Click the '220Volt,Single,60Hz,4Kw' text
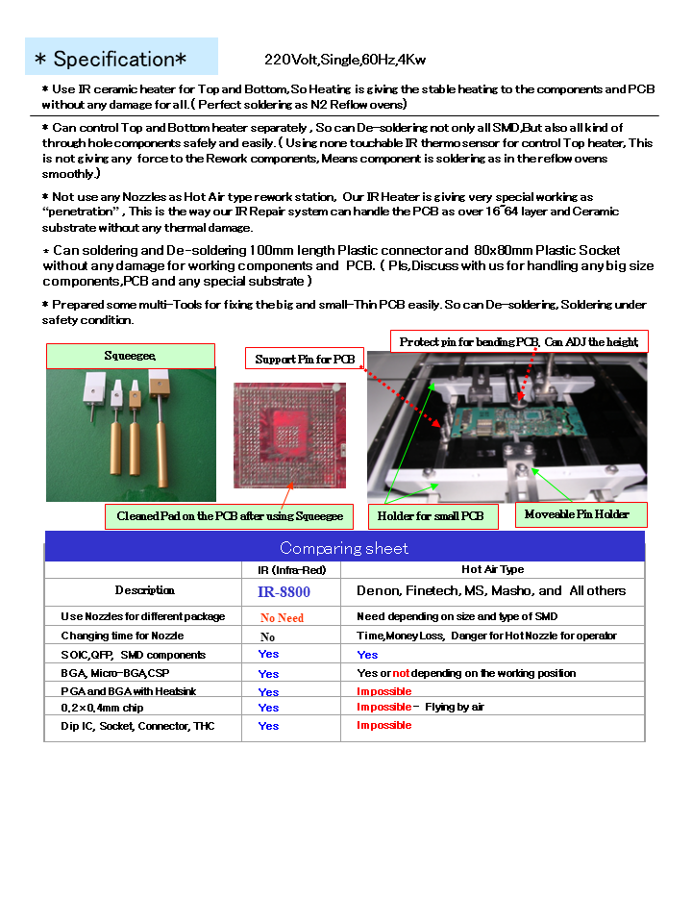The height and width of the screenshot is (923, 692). (x=344, y=60)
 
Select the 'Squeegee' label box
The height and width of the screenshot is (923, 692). (x=130, y=356)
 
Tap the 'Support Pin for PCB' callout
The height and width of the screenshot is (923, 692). (x=305, y=360)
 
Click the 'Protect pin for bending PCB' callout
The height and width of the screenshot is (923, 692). (x=519, y=341)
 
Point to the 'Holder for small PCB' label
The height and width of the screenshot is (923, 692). (x=432, y=516)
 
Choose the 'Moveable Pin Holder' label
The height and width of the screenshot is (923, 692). (x=577, y=514)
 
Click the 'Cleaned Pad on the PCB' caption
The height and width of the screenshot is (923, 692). (x=230, y=516)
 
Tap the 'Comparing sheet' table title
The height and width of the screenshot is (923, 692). (x=344, y=548)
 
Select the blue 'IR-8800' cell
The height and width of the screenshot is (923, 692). (x=284, y=591)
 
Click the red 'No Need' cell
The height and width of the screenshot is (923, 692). (x=282, y=617)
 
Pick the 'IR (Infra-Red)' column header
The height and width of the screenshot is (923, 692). (x=292, y=570)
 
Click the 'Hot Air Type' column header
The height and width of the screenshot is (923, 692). (x=492, y=570)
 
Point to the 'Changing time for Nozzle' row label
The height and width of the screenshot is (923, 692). (x=122, y=636)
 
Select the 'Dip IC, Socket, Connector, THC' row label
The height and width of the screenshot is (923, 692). (x=137, y=726)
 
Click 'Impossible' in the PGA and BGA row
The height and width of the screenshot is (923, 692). (x=383, y=691)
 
